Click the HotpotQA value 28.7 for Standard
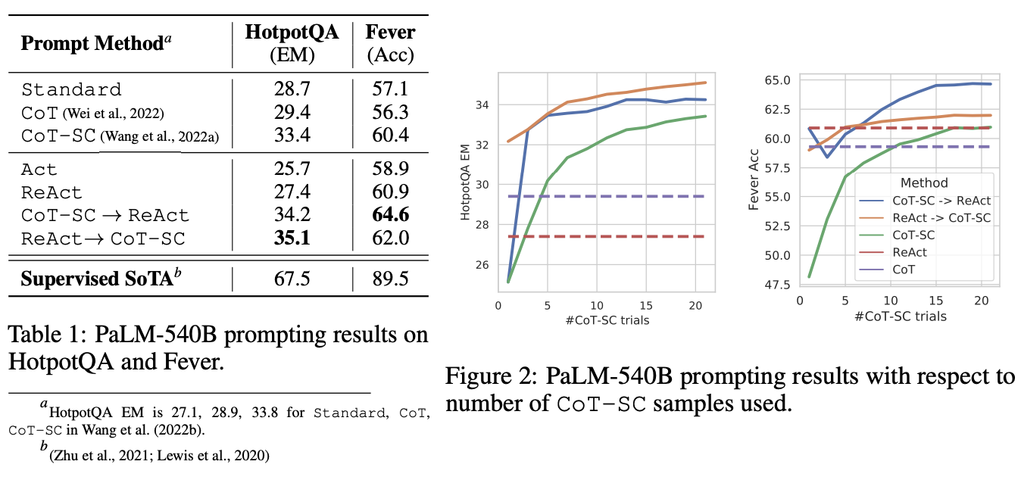[292, 89]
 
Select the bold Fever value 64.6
[389, 215]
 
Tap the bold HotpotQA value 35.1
[292, 238]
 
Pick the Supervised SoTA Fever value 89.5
[389, 278]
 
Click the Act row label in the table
[39, 170]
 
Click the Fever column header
[390, 33]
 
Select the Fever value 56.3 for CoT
[389, 112]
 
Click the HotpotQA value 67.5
[292, 278]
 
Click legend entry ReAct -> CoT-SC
[940, 218]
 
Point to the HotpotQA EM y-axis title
[467, 182]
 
